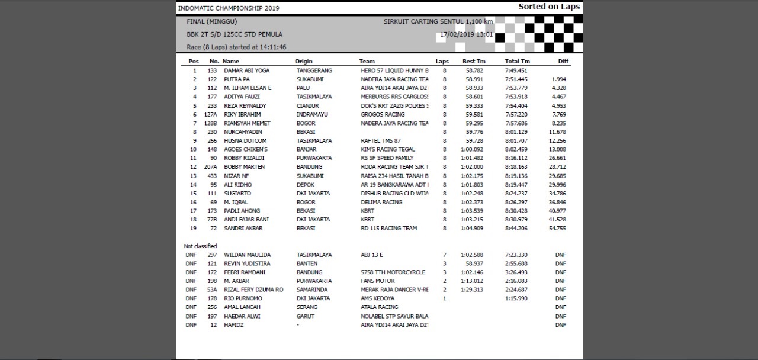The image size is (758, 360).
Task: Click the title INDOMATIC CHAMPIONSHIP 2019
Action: pos(229,8)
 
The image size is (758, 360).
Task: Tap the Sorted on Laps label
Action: pos(549,7)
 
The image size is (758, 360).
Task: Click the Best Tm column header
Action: pos(474,62)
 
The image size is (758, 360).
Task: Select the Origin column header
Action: pos(303,62)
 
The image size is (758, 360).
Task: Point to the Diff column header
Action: pos(563,62)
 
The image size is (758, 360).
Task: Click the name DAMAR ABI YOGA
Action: pos(246,70)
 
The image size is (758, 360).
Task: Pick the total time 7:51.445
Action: pos(516,79)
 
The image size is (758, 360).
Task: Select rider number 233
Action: pos(212,106)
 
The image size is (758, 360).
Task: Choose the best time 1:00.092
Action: pos(473,150)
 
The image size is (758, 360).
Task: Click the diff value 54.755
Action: pos(557,229)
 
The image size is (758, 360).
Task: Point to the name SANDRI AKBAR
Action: pos(243,229)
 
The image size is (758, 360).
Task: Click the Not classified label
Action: pos(200,246)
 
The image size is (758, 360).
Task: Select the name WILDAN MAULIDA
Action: pos(247,255)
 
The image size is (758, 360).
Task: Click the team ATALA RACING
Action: pos(380,307)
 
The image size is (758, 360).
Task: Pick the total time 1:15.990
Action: pos(516,298)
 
